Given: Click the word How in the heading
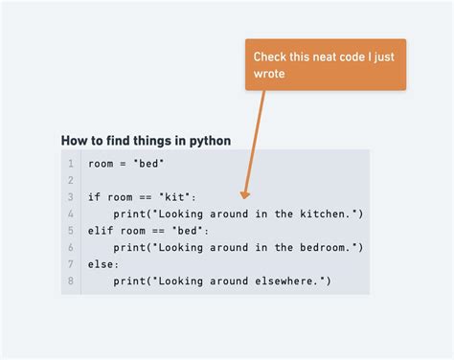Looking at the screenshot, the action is click(x=74, y=141).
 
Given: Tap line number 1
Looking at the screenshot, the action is click(x=70, y=164).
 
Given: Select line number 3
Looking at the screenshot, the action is click(x=70, y=197).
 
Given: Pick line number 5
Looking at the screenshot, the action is click(x=70, y=230).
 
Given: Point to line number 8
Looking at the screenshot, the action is click(x=70, y=281).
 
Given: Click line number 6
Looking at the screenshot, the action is click(x=70, y=247).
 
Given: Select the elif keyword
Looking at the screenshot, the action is click(x=101, y=230).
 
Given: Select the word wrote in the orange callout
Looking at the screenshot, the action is click(x=269, y=74).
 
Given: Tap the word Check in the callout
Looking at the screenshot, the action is click(x=270, y=57).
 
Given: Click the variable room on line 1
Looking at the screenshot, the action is click(x=101, y=164).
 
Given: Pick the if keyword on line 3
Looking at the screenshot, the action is click(x=94, y=197).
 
